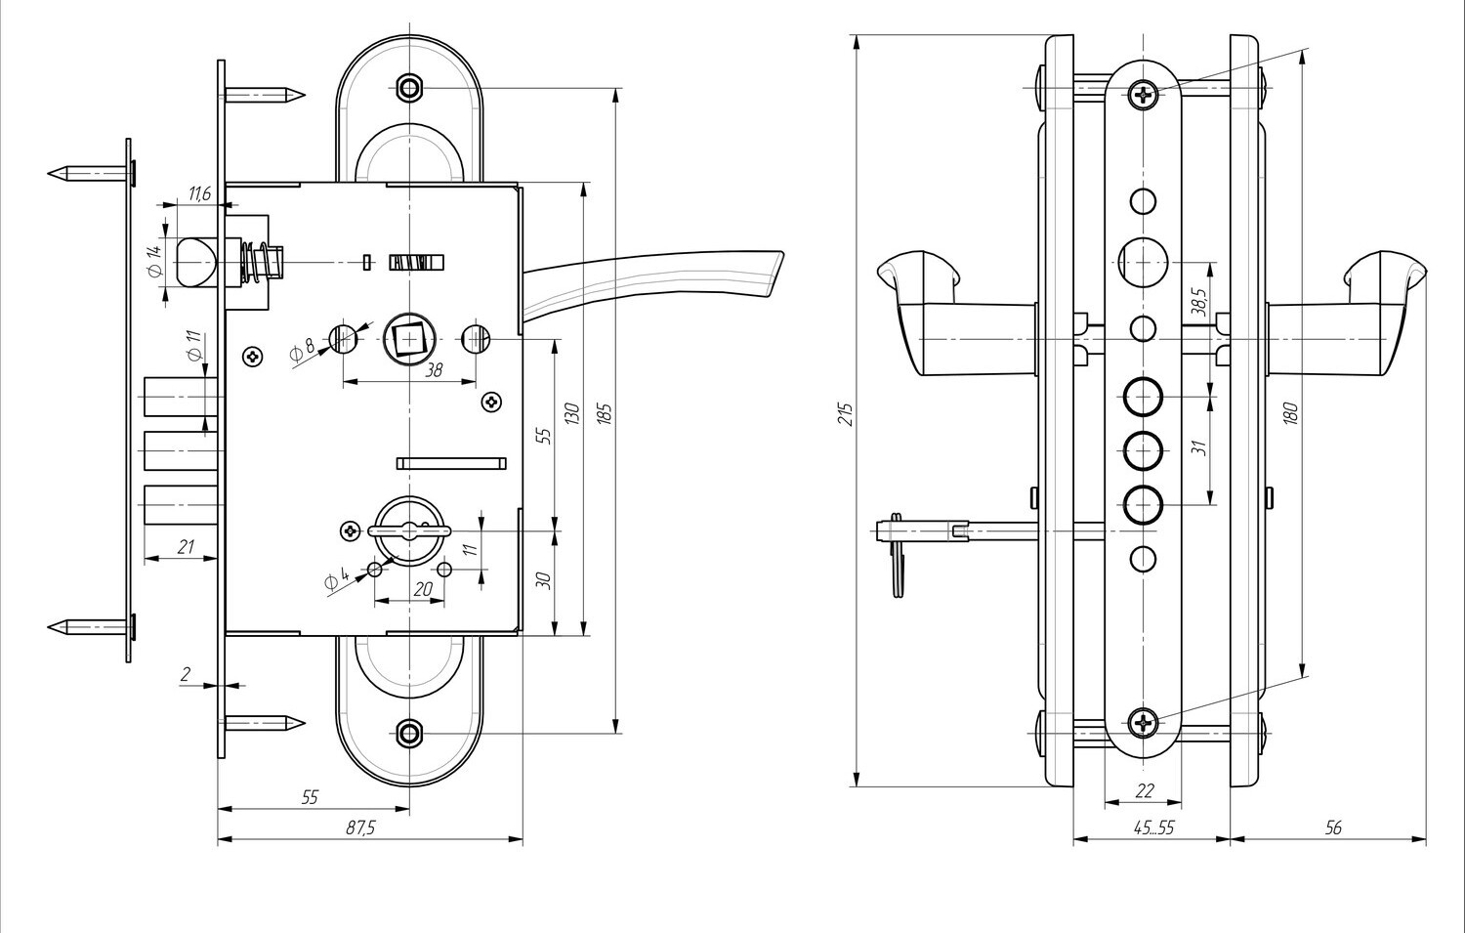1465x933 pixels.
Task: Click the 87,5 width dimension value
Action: (360, 828)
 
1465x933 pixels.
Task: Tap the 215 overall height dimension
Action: (847, 415)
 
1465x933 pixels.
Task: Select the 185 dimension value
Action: (605, 414)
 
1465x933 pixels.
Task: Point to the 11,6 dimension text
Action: (200, 193)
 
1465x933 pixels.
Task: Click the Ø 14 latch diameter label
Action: (154, 261)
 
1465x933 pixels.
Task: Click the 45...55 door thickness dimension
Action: (1153, 828)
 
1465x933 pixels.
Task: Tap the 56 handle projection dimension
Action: (1333, 828)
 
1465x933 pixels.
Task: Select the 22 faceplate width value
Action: (1145, 791)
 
